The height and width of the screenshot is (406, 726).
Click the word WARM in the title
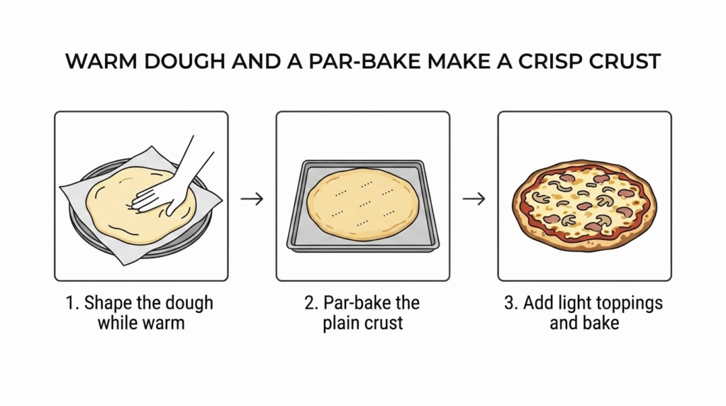click(x=101, y=62)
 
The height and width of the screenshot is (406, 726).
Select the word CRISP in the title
click(x=549, y=62)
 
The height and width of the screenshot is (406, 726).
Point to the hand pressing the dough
click(x=172, y=185)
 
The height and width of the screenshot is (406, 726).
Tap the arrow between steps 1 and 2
click(x=252, y=199)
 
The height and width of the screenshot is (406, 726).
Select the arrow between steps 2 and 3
click(x=474, y=199)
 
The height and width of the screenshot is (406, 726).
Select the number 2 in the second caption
click(x=311, y=303)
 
